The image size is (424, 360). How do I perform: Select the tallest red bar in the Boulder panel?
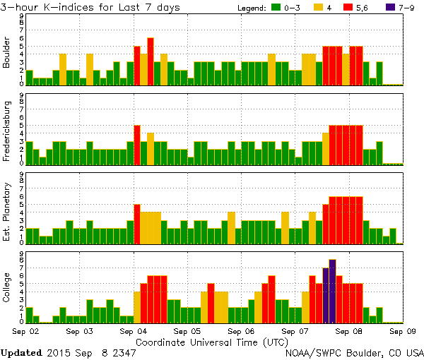click(x=151, y=61)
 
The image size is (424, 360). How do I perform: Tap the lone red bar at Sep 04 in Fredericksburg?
click(x=137, y=145)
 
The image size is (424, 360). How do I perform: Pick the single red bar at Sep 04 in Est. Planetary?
click(x=137, y=224)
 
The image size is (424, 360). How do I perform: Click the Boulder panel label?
click(x=7, y=53)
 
